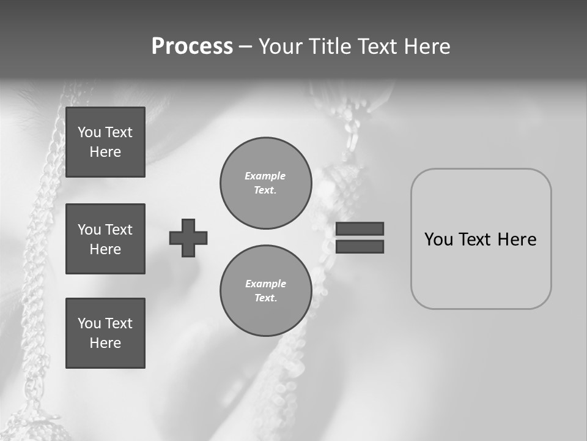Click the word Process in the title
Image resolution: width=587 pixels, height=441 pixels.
click(x=192, y=47)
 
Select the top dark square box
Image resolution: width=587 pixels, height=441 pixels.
click(x=105, y=142)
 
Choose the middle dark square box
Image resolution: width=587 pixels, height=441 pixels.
click(x=105, y=239)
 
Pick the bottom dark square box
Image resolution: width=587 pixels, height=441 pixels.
click(x=105, y=333)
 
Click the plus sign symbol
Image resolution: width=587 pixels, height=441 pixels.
click(x=188, y=238)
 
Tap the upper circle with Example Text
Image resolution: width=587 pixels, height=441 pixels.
click(x=266, y=183)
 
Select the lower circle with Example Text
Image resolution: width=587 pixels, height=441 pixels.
click(x=266, y=291)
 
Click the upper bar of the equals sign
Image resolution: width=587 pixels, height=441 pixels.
click(x=360, y=228)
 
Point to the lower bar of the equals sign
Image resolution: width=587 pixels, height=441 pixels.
click(x=360, y=246)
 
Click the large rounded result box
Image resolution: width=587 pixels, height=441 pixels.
click(x=481, y=269)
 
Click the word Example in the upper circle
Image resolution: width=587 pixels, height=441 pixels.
click(x=265, y=176)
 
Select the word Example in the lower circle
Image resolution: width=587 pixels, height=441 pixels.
click(x=265, y=284)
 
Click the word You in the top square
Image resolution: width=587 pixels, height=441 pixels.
click(x=89, y=132)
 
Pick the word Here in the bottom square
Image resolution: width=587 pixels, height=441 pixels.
click(x=105, y=343)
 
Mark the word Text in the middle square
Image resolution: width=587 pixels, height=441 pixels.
click(x=118, y=230)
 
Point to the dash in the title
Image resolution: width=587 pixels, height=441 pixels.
click(x=246, y=47)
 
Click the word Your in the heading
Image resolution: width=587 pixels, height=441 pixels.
click(x=281, y=47)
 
